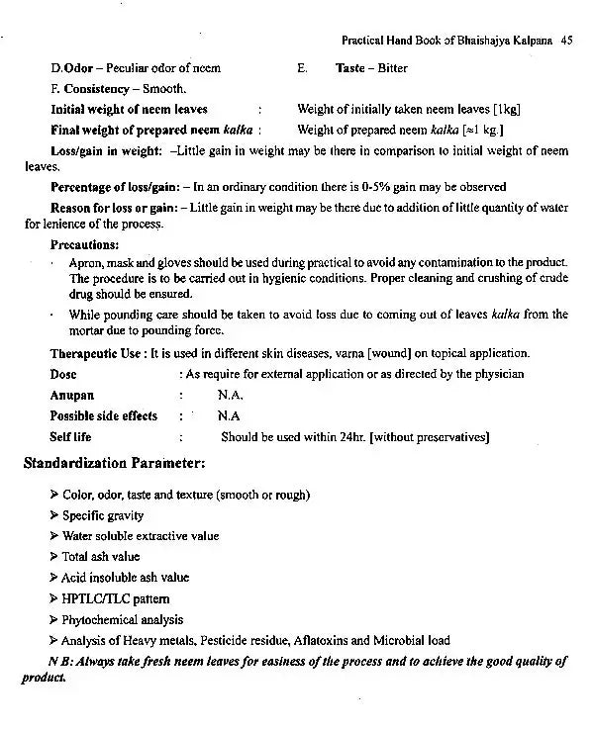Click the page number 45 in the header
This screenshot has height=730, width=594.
[x=566, y=42]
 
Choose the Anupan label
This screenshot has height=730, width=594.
[x=72, y=394]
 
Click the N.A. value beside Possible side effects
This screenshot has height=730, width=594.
[x=229, y=415]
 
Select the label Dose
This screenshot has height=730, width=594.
[x=63, y=374]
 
